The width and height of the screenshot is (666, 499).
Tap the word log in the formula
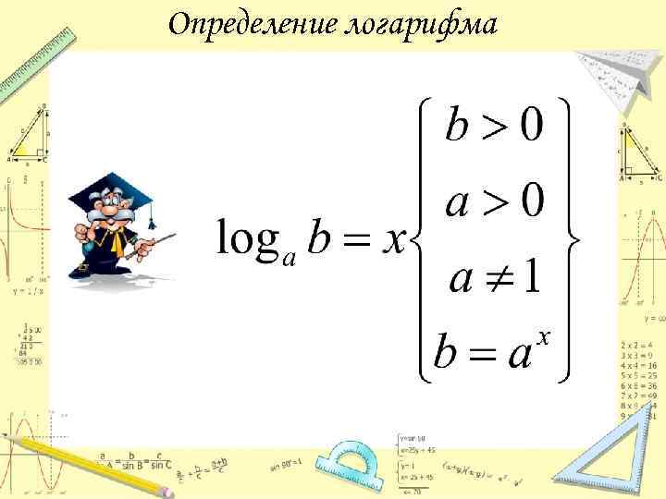click(x=249, y=239)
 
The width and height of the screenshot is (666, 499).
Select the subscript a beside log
click(x=290, y=259)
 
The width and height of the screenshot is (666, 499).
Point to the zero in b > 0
click(x=530, y=127)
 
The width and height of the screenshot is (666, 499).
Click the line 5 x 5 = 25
click(x=639, y=377)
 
